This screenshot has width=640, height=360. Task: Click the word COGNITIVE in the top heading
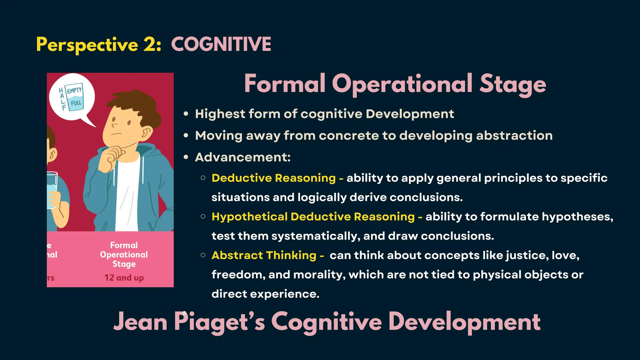click(x=221, y=44)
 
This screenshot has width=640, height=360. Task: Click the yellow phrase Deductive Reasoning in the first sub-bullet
click(x=273, y=178)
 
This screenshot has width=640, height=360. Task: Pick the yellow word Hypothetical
click(x=249, y=217)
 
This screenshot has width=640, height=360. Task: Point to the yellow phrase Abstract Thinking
click(x=264, y=255)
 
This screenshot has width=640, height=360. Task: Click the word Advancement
click(x=242, y=157)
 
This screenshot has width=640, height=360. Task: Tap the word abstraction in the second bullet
click(x=514, y=136)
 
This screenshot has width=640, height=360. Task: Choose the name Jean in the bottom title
click(x=140, y=322)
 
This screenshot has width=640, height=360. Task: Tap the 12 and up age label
click(x=124, y=277)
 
